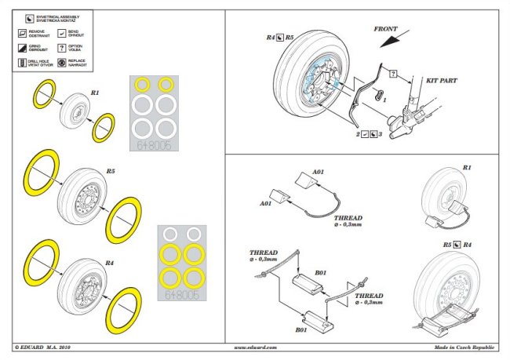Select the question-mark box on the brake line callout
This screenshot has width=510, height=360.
pos(392,73)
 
